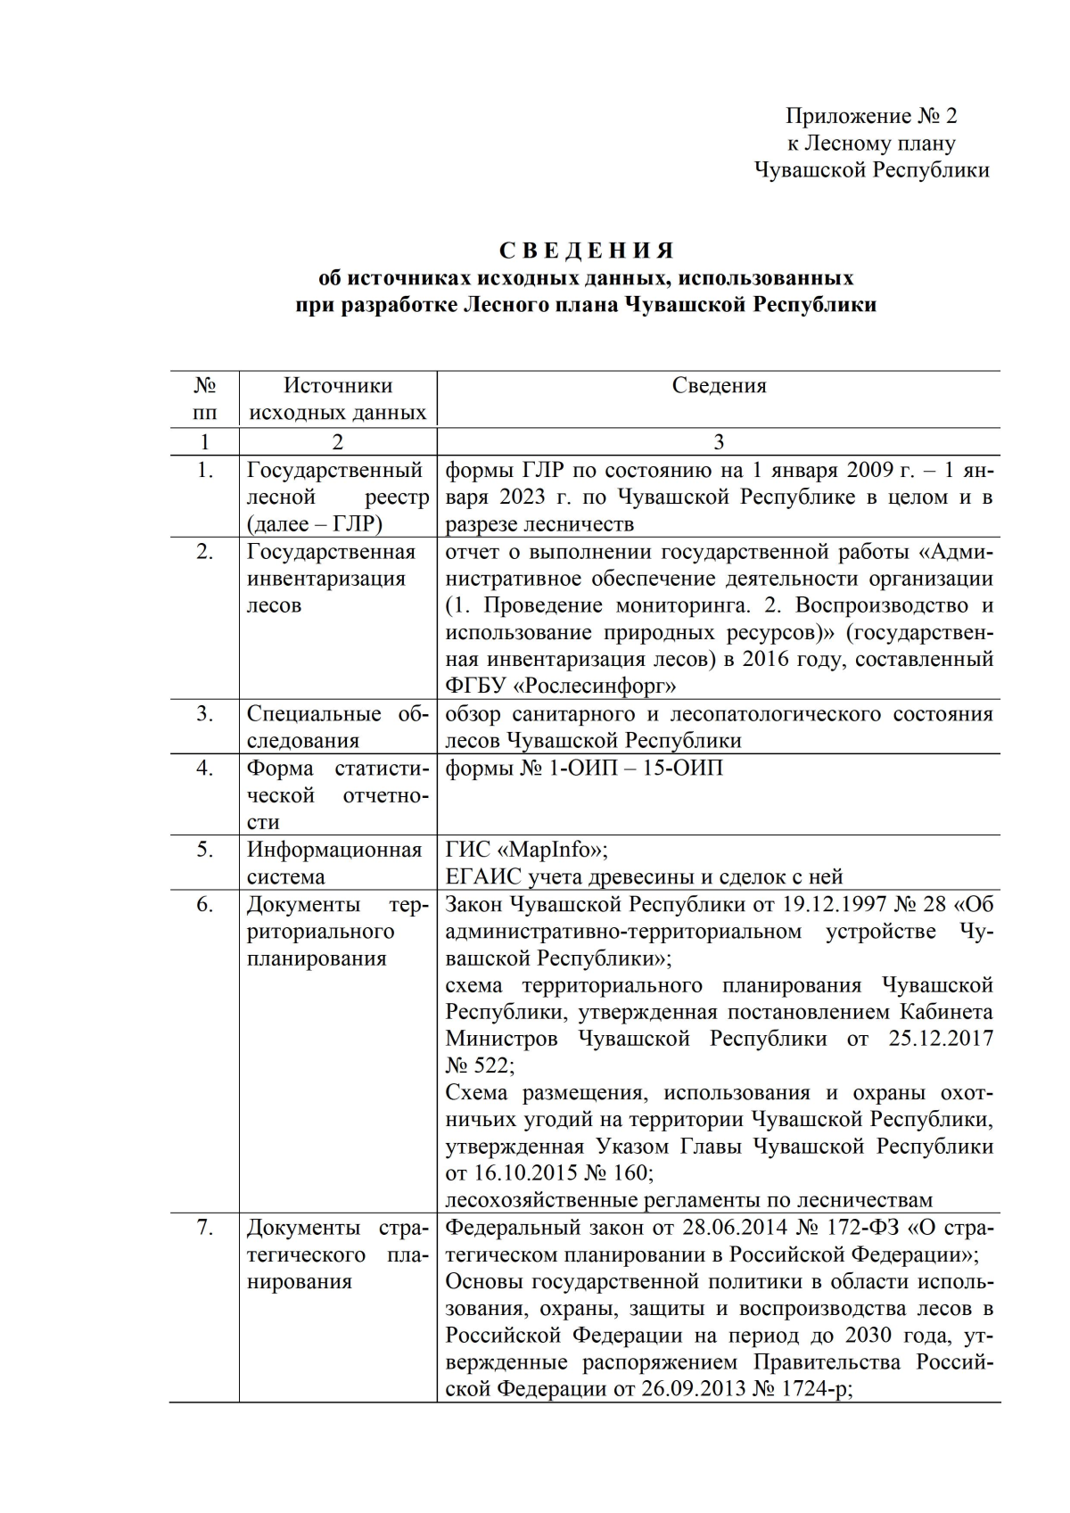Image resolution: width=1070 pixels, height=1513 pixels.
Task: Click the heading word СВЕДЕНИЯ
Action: click(x=586, y=251)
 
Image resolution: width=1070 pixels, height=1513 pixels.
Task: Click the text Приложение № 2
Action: click(x=871, y=116)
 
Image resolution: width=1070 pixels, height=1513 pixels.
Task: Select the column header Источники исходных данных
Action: click(x=337, y=399)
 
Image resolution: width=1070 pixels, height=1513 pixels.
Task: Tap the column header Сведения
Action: click(x=719, y=385)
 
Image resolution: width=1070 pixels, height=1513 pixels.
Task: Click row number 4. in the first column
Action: click(x=205, y=768)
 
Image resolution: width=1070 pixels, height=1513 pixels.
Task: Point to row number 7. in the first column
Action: click(x=205, y=1228)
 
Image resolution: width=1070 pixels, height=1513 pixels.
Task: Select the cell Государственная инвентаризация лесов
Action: click(x=330, y=578)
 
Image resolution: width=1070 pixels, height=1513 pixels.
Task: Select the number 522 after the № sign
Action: click(x=492, y=1065)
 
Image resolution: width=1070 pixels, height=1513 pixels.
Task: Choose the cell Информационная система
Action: click(x=333, y=862)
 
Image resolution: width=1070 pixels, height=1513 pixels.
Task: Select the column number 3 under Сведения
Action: click(x=719, y=441)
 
